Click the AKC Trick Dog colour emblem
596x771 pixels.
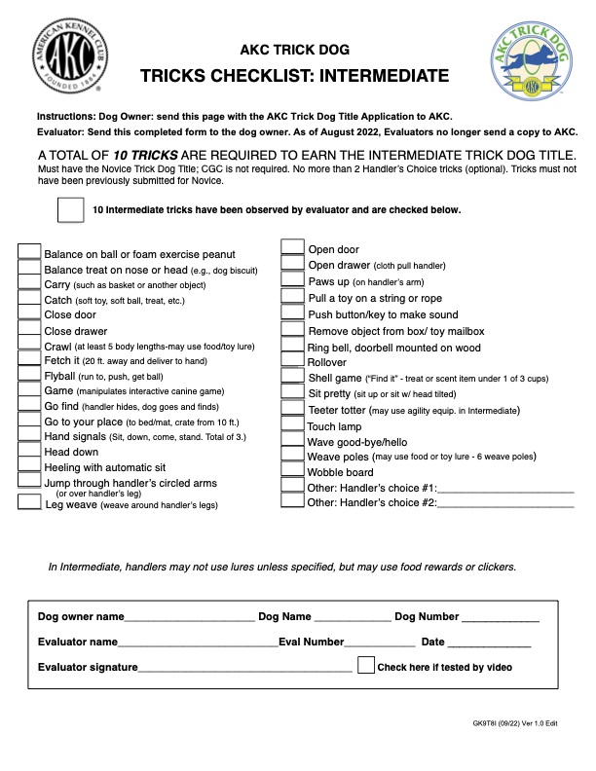532,63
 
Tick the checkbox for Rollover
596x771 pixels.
293,362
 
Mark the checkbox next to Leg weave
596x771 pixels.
30,502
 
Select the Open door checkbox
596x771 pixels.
293,247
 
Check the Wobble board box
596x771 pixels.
293,471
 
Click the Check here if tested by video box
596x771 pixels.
366,666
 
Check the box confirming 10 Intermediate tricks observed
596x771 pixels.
71,210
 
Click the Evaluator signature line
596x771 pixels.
244,670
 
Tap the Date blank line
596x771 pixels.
489,644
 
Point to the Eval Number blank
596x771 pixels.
380,644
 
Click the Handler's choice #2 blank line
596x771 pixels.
505,505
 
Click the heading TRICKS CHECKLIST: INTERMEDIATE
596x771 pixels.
294,77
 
